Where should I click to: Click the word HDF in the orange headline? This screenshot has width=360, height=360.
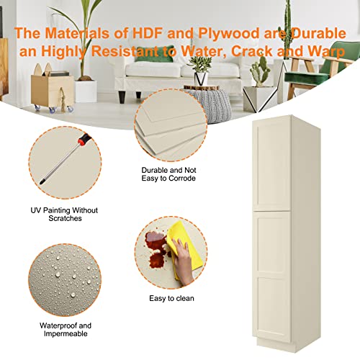point(148,33)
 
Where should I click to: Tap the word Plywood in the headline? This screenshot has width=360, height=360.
point(229,34)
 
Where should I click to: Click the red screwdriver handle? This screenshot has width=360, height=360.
point(84,139)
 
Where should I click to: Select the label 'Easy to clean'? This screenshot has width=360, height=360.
point(171,298)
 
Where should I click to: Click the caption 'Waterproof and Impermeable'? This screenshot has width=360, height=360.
point(66,330)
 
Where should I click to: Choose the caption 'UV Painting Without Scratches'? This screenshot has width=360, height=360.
point(64,215)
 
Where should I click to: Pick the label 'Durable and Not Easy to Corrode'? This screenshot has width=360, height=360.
point(168,174)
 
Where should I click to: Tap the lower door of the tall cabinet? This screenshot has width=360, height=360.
point(271,276)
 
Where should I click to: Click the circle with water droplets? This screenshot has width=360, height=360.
point(65,280)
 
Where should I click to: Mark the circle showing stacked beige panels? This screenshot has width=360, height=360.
point(171,125)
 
